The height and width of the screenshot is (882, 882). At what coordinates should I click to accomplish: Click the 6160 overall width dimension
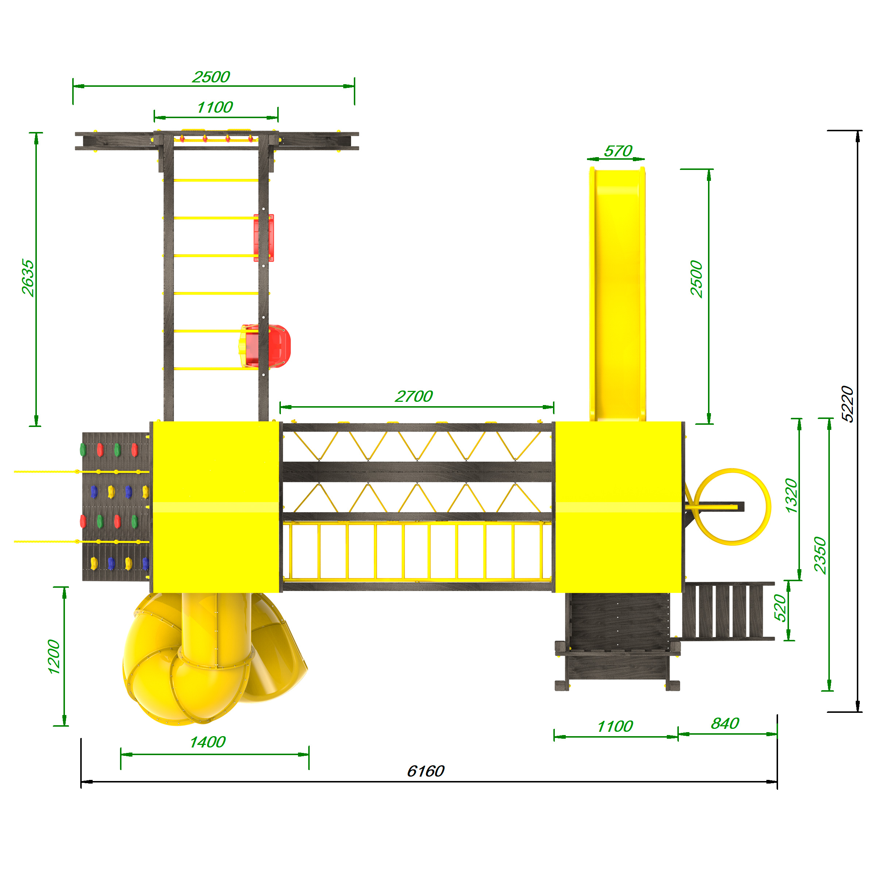[425, 771]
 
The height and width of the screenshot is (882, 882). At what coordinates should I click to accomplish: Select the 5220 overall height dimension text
[847, 404]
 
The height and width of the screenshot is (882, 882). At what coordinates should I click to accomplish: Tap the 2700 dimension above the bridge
[414, 396]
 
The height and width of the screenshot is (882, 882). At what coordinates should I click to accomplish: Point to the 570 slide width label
[618, 151]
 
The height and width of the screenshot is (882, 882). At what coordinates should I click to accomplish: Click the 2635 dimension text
[28, 278]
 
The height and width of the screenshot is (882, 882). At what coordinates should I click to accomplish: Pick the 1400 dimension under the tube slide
[208, 742]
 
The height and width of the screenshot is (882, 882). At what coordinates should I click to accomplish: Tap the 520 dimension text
[781, 608]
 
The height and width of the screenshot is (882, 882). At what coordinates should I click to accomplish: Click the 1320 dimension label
[792, 495]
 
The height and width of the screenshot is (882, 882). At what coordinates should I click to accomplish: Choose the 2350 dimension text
[820, 556]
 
